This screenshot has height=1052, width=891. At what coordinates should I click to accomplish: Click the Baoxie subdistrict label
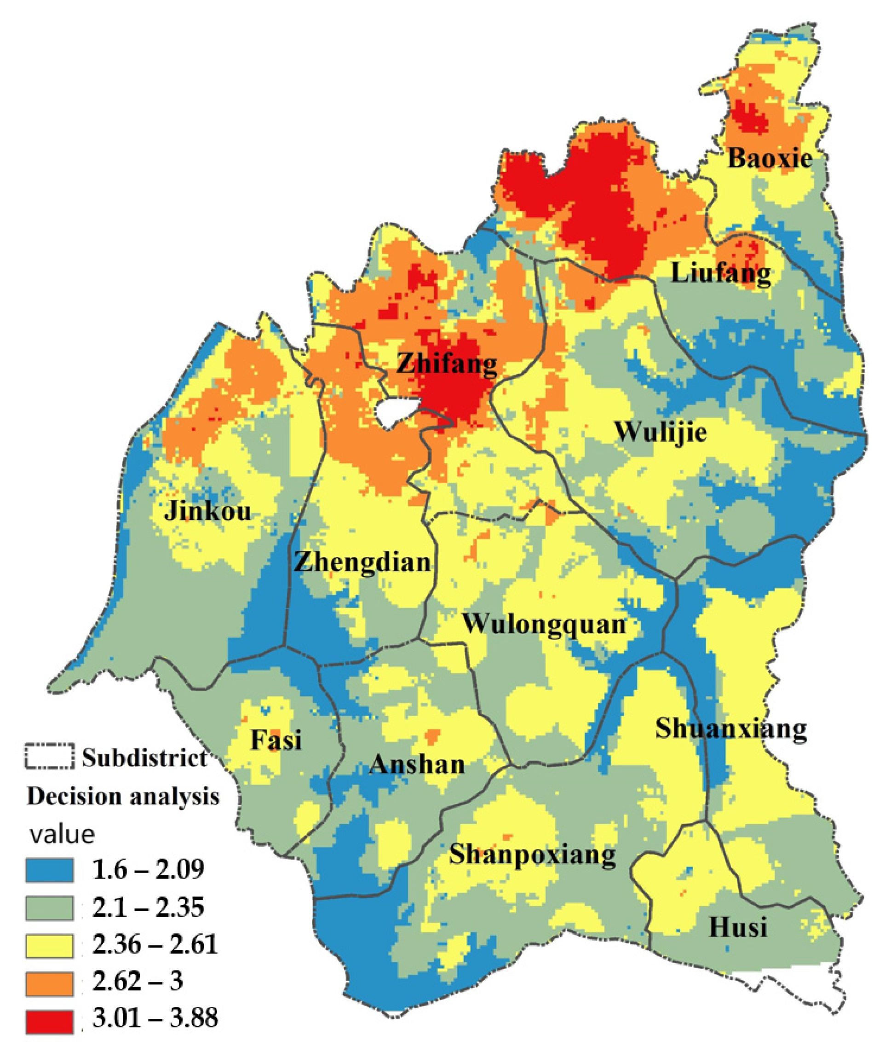coord(770,159)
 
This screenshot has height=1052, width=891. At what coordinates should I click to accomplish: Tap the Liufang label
coord(721,274)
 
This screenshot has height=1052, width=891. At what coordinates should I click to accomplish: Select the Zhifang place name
coord(447,364)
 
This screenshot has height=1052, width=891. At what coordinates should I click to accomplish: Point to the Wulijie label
coord(661,433)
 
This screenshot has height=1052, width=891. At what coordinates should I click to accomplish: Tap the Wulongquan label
coord(545,624)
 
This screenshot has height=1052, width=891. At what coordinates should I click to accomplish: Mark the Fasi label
coord(276,741)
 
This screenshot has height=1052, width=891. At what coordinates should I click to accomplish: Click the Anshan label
coord(417,765)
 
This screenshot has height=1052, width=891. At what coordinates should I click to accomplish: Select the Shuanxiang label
coord(731,729)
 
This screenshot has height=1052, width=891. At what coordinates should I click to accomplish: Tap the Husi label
coord(738,928)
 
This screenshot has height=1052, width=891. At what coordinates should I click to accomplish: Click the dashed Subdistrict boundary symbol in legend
coord(49,757)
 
